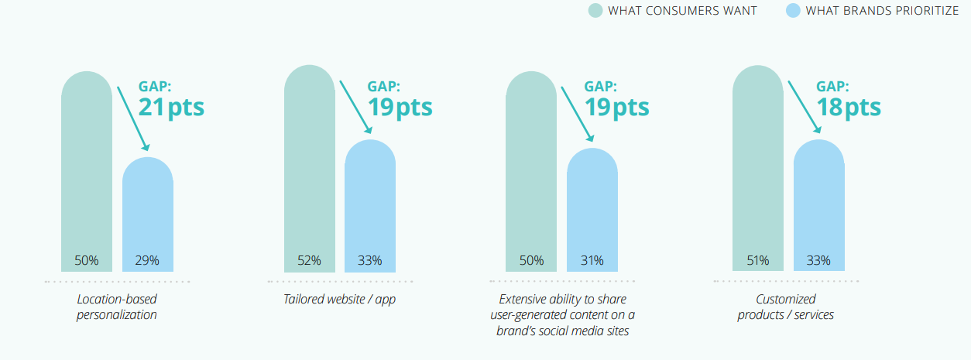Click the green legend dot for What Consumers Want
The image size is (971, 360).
pos(595,10)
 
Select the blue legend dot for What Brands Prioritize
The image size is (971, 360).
pos(793,10)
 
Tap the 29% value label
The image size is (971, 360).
pos(147,260)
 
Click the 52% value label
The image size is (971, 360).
pos(309,260)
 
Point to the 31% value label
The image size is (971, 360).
pos(592,260)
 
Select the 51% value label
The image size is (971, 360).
pos(758,260)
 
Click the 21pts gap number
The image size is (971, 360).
pos(171,108)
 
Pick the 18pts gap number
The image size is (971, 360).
pos(849,108)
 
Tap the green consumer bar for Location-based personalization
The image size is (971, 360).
pos(87,172)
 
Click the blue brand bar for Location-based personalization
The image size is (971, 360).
pos(148,214)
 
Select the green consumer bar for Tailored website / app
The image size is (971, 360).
pos(310,169)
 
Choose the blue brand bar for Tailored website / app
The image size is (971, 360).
pos(370,206)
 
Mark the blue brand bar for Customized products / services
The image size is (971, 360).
pos(819,205)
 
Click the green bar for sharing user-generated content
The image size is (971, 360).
pos(531,172)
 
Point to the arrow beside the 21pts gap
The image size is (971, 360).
pos(133,118)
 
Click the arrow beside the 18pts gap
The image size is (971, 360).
pos(805,107)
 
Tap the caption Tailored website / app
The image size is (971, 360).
pos(339,300)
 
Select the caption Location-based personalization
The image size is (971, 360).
pos(117,307)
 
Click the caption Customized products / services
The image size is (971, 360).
pos(785,307)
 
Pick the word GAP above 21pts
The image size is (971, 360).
pos(155,86)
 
